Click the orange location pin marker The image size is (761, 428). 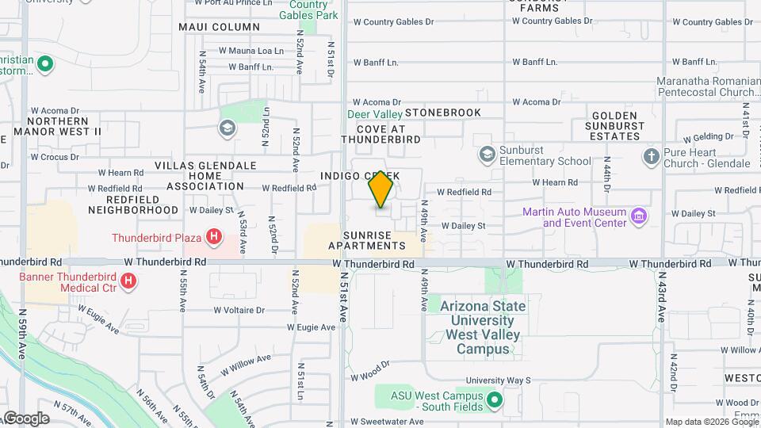click(x=381, y=189)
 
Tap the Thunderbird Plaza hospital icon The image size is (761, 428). click(x=212, y=236)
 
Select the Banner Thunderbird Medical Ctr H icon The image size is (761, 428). click(x=129, y=281)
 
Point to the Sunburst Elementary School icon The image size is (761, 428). click(x=488, y=153)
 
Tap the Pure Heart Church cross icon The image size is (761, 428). click(x=651, y=156)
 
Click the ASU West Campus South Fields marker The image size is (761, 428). click(x=495, y=399)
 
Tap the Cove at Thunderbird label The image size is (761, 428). click(x=380, y=134)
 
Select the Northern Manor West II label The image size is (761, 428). click(x=57, y=125)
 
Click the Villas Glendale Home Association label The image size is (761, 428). click(x=205, y=175)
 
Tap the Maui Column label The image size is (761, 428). click(x=208, y=27)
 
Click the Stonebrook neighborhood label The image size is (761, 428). click(x=443, y=113)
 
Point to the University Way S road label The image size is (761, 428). click(x=498, y=380)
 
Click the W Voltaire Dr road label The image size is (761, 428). click(x=239, y=311)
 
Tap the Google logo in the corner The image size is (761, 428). click(x=25, y=418)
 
